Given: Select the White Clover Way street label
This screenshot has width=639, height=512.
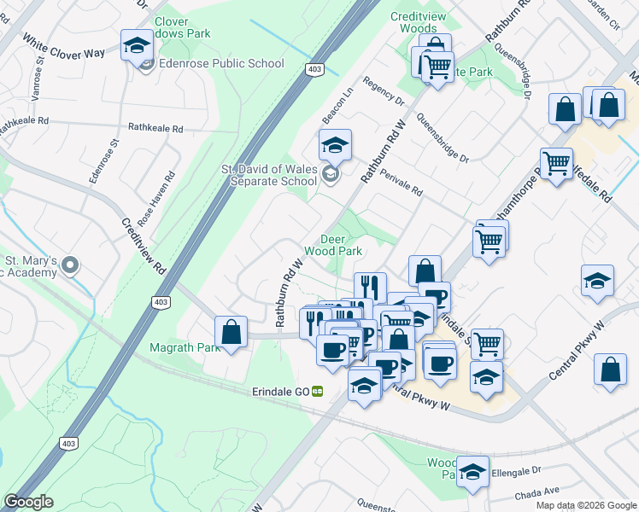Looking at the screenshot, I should [x=64, y=47].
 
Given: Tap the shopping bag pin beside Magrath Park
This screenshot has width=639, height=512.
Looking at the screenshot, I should [x=231, y=333].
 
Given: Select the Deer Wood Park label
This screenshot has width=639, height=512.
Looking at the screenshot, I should [x=342, y=245].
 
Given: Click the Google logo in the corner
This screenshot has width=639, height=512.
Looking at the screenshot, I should [x=28, y=502].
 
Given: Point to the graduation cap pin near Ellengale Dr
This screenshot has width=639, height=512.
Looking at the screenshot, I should [x=472, y=472].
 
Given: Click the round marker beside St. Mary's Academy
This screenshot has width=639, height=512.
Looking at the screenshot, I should [x=72, y=265].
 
